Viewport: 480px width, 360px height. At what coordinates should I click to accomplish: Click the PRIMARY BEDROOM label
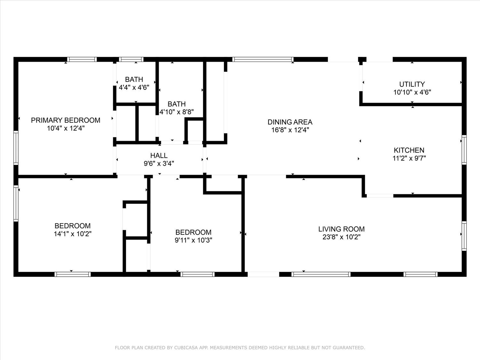pyautogui.click(x=66, y=120)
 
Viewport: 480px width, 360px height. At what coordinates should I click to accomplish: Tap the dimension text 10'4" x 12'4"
pyautogui.click(x=66, y=128)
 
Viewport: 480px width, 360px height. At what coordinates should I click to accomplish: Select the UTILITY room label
pyautogui.click(x=412, y=84)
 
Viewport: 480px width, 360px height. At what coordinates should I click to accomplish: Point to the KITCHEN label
pyautogui.click(x=409, y=150)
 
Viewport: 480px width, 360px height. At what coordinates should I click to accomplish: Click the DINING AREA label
pyautogui.click(x=290, y=122)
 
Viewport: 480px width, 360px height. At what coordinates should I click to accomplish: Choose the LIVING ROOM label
pyautogui.click(x=341, y=229)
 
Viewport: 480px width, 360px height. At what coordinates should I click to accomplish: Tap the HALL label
pyautogui.click(x=159, y=156)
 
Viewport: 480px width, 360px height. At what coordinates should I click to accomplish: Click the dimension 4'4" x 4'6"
pyautogui.click(x=134, y=87)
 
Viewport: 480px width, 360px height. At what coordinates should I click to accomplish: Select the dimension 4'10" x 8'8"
pyautogui.click(x=177, y=112)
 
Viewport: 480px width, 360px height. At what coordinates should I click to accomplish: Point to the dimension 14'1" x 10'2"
pyautogui.click(x=73, y=234)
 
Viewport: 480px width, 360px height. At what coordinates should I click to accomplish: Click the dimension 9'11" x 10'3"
pyautogui.click(x=193, y=240)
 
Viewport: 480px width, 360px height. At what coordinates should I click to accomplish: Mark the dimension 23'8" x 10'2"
pyautogui.click(x=341, y=237)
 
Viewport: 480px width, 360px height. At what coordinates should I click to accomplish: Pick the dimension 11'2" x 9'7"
pyautogui.click(x=409, y=158)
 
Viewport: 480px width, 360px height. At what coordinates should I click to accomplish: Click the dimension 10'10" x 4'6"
pyautogui.click(x=412, y=92)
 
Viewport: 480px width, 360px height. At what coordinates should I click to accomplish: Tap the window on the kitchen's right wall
pyautogui.click(x=464, y=150)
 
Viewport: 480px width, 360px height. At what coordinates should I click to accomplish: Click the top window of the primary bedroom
pyautogui.click(x=82, y=59)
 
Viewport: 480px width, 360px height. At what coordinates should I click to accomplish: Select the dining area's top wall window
pyautogui.click(x=263, y=59)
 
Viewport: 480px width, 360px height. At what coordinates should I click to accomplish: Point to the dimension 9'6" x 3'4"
pyautogui.click(x=159, y=164)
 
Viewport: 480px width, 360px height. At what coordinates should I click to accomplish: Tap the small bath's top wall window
pyautogui.click(x=131, y=59)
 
